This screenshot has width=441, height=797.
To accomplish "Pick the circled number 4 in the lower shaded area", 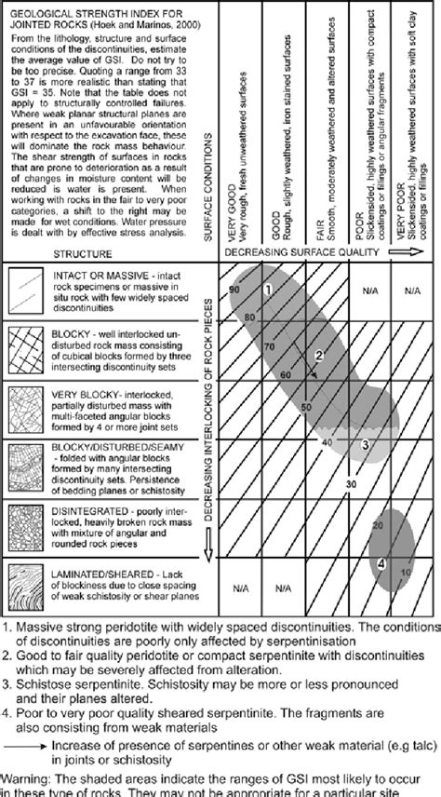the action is pos(382,563).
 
